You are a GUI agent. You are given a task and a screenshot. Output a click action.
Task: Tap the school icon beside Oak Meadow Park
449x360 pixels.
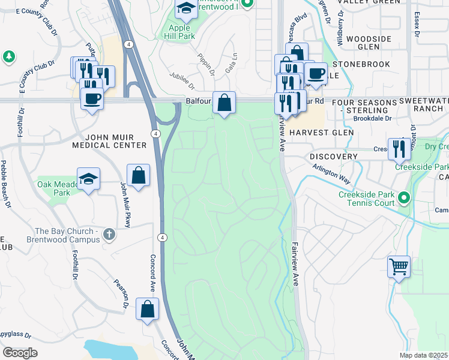pyautogui.click(x=89, y=179)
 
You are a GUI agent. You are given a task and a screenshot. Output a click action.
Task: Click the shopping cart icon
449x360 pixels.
pyautogui.click(x=399, y=266)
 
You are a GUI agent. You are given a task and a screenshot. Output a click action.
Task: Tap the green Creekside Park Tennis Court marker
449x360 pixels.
pyautogui.click(x=405, y=197)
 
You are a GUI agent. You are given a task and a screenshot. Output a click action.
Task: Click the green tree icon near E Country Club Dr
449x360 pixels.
pyautogui.click(x=8, y=57)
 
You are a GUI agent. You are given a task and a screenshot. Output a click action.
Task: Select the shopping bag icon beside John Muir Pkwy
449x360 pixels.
pyautogui.click(x=138, y=175)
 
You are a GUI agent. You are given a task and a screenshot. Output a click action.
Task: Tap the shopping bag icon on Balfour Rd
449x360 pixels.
pyautogui.click(x=224, y=103)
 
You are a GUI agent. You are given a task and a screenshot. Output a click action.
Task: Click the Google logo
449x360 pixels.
pyautogui.click(x=20, y=352)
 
